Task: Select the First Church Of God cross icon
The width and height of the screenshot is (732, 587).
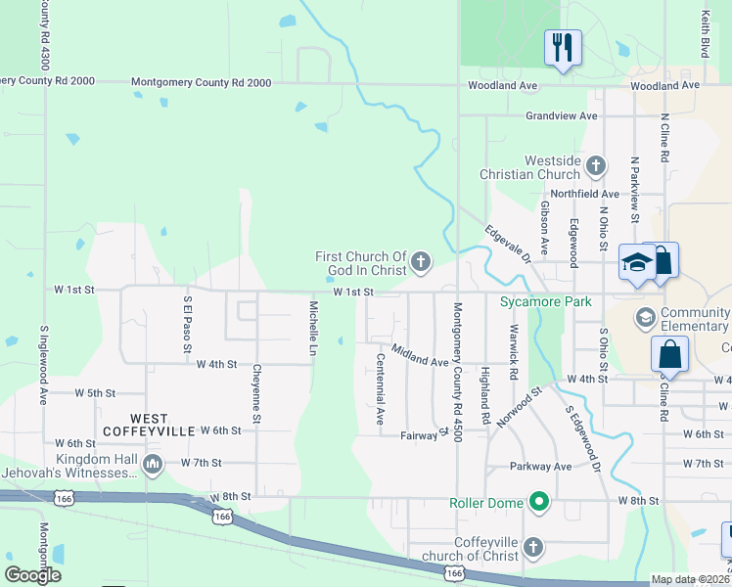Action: coord(421,260)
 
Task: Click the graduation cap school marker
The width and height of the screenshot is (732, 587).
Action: coord(636,262)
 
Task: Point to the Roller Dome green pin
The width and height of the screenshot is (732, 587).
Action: coord(537,503)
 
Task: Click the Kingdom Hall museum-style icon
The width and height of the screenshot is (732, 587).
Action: coord(152,465)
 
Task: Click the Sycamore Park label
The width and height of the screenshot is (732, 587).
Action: coord(546,302)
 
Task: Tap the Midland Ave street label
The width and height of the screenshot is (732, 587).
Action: coord(419,355)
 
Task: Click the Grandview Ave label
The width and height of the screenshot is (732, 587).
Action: coord(561,115)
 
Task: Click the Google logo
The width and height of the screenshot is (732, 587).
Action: coord(32,575)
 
